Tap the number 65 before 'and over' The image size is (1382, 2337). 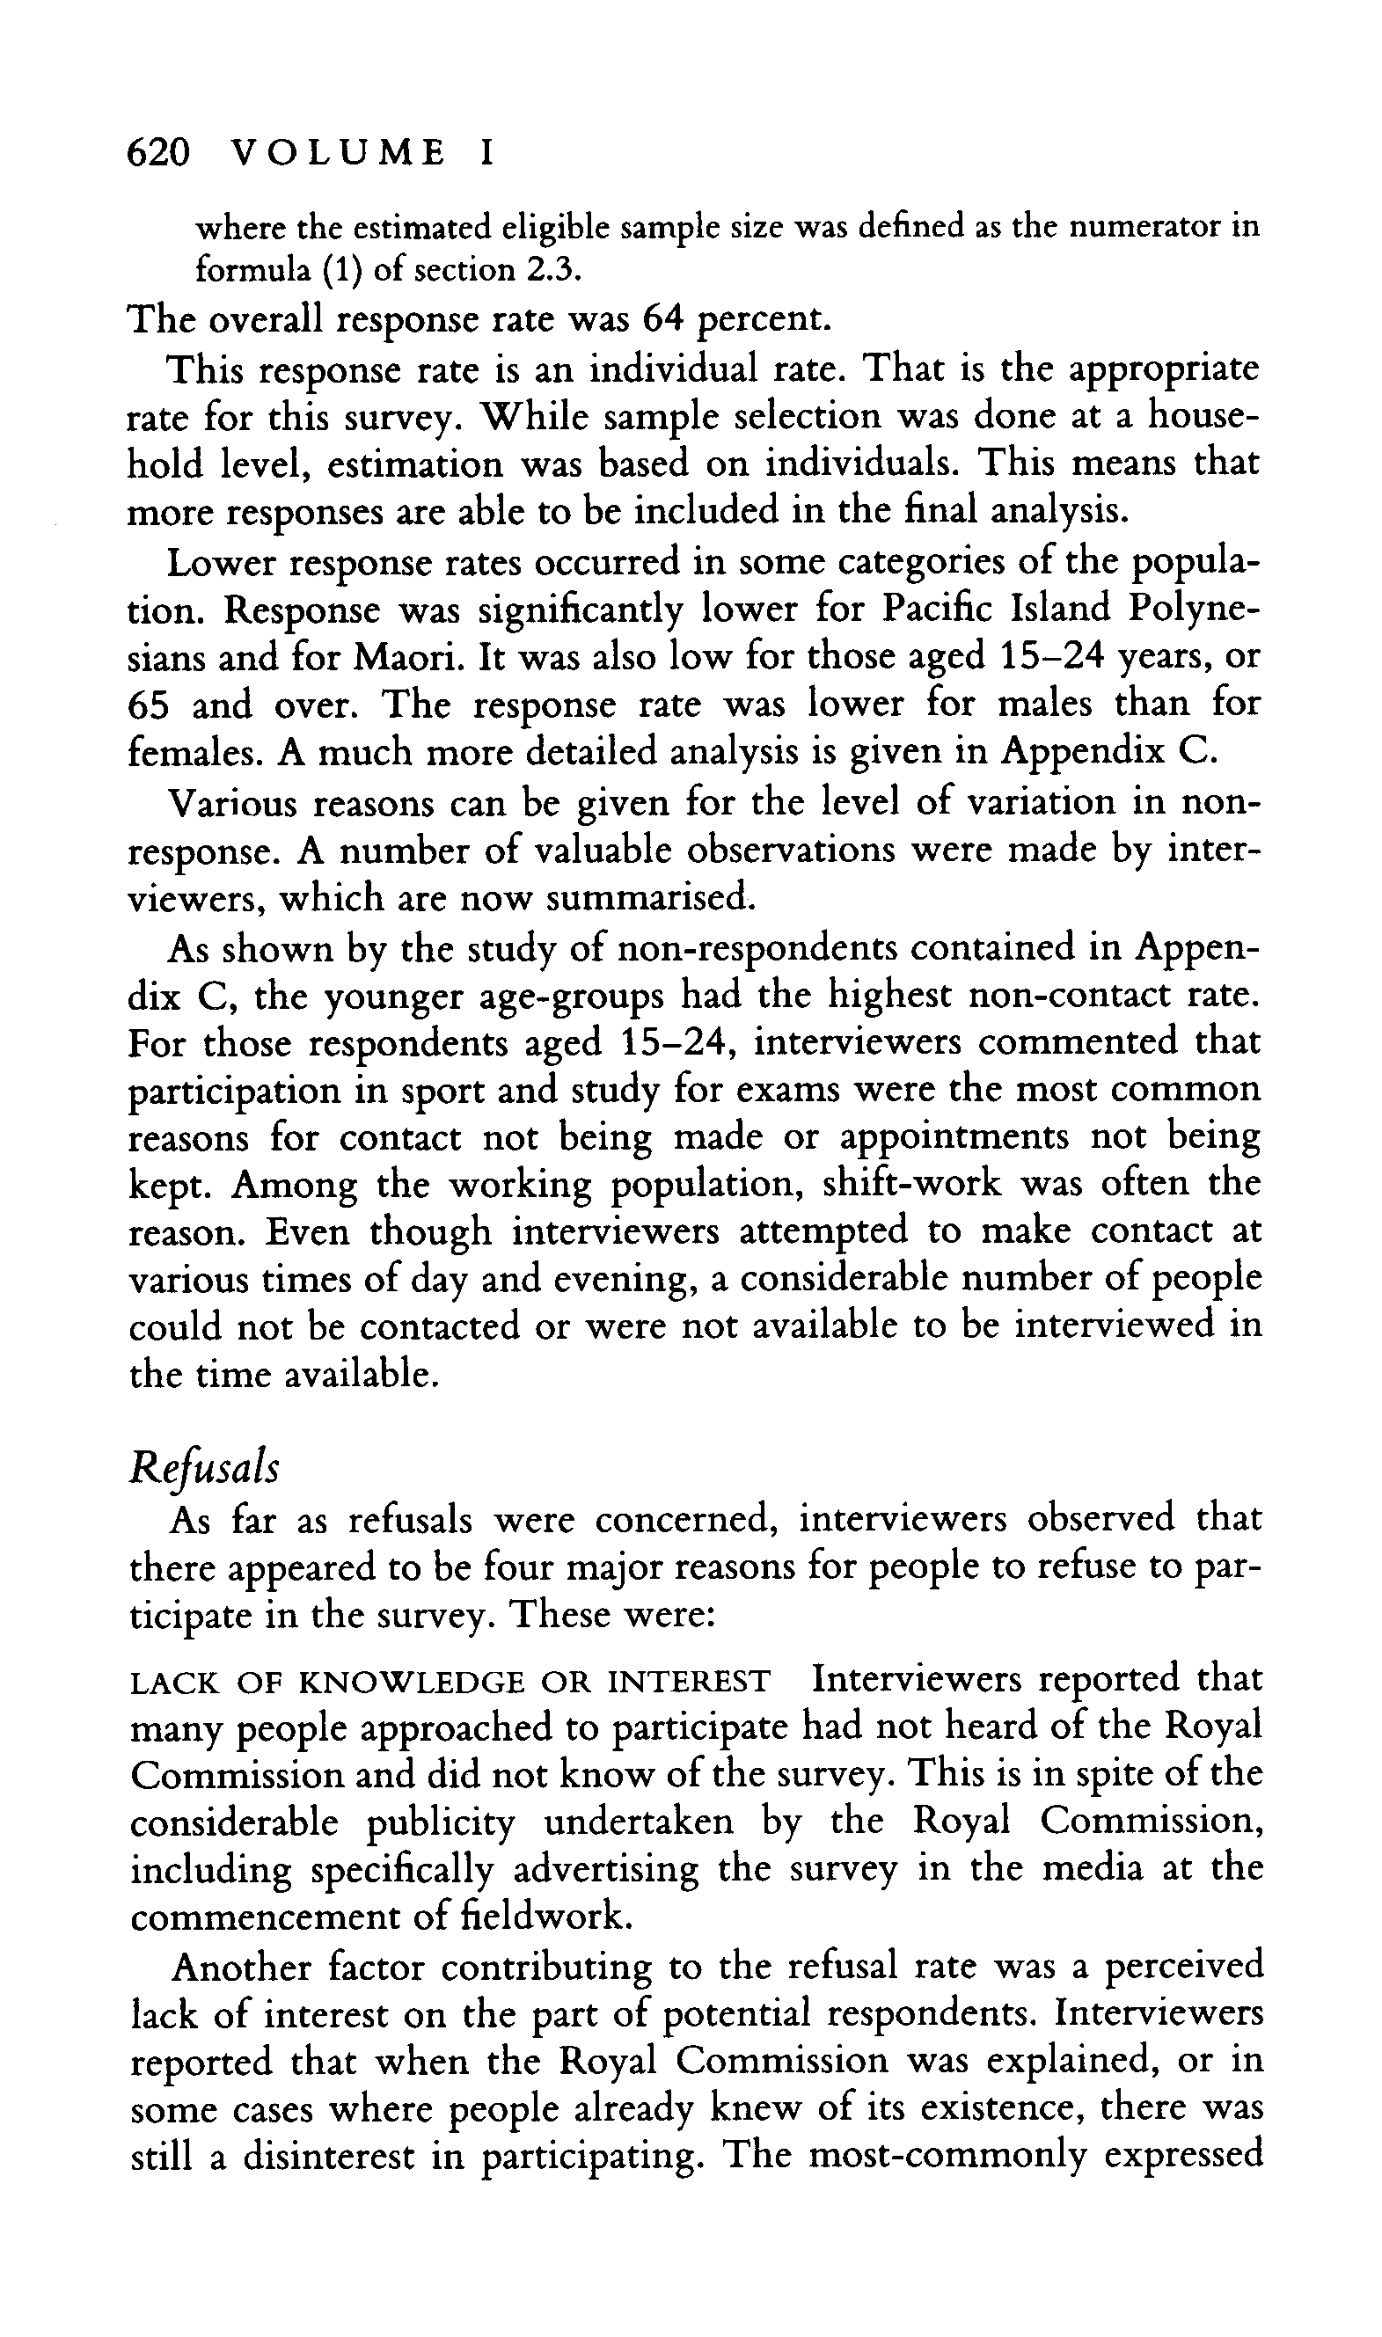tap(148, 705)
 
